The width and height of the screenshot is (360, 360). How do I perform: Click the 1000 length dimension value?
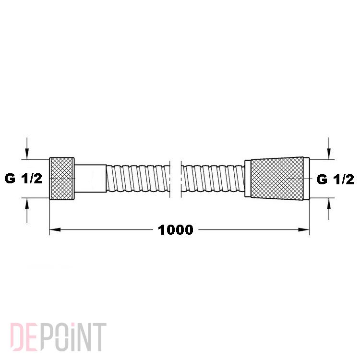[x=176, y=230]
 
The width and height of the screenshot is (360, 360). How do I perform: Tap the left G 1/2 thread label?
[x=24, y=179]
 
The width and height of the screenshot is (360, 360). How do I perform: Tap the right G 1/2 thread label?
[x=335, y=180]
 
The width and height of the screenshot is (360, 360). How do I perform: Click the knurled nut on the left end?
[x=62, y=179]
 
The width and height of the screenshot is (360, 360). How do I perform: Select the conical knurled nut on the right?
[x=277, y=179]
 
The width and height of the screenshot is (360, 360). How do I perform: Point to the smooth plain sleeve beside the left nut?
[x=90, y=179]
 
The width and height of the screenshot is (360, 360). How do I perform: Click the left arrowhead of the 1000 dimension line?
[x=55, y=229]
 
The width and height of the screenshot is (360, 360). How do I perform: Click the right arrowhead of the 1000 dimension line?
[x=304, y=229]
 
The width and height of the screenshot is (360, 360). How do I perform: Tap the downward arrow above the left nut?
[x=27, y=148]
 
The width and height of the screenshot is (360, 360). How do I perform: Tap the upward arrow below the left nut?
[x=27, y=210]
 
